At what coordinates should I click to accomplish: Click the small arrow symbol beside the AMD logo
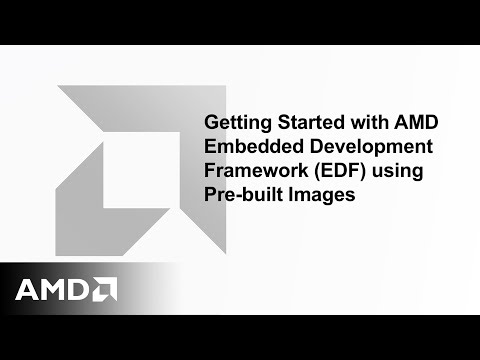(105, 290)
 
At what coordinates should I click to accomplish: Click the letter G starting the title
(211, 123)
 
